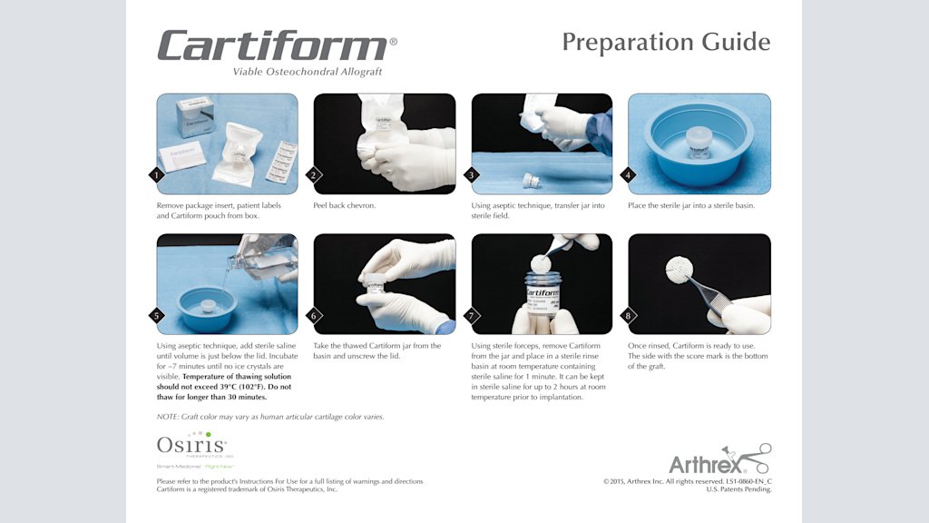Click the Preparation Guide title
tap(666, 42)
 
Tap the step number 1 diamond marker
tap(157, 175)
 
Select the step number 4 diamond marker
tap(628, 175)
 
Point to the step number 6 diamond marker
tap(314, 315)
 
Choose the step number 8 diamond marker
tap(628, 315)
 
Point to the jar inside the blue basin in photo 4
tap(699, 142)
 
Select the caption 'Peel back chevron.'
tap(344, 206)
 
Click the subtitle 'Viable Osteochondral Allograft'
tap(308, 72)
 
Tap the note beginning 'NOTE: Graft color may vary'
tap(270, 417)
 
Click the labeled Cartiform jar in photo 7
tap(542, 300)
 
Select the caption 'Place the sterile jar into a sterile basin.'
tap(691, 206)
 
